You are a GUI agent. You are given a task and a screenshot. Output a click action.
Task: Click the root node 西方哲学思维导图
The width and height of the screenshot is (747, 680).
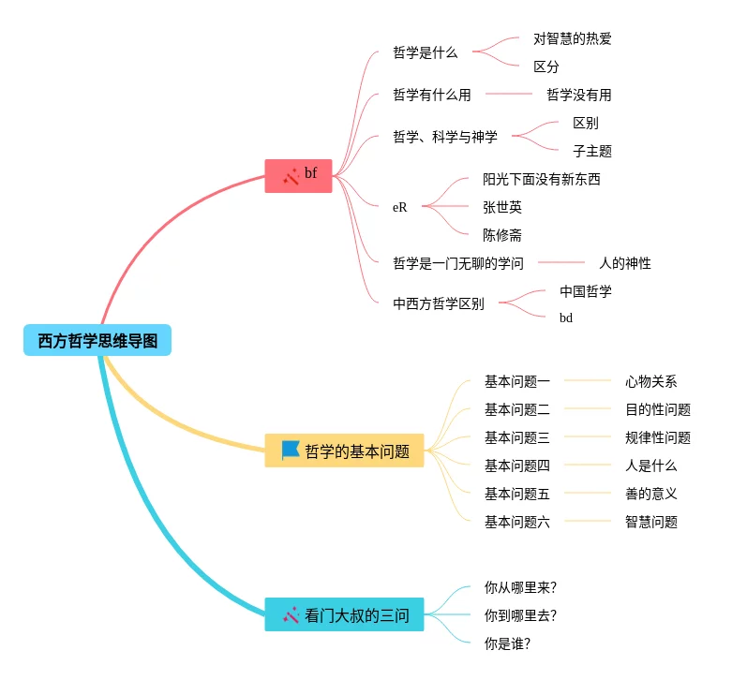coord(97,340)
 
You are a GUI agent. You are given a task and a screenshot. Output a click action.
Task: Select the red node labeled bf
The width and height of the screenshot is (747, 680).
coord(299,175)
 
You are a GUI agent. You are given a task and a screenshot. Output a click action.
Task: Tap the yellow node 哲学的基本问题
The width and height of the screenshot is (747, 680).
coord(345,451)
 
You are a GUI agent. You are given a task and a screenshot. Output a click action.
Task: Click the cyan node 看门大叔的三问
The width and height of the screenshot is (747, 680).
coord(345,615)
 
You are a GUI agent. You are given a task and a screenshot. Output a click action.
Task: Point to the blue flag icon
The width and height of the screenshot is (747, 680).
coord(291,451)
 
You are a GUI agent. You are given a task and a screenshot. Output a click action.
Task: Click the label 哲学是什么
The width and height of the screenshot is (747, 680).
coord(426,52)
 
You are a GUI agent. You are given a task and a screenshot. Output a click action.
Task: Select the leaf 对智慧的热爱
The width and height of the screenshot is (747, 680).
coord(572,38)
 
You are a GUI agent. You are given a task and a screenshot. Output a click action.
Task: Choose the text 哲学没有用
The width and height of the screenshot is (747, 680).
coord(578,95)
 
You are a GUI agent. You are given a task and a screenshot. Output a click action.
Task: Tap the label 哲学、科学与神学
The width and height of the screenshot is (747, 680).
coord(445,137)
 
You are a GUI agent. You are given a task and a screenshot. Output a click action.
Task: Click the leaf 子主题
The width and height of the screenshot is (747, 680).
coord(591,151)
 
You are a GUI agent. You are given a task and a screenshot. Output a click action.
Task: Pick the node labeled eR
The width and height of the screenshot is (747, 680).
coord(400,207)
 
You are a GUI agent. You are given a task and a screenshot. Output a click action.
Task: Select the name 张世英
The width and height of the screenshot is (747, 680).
coord(501,207)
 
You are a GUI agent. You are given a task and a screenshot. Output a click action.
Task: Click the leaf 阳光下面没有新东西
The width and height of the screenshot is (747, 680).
coord(541,179)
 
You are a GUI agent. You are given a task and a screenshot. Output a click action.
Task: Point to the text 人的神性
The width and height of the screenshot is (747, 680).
coord(624,263)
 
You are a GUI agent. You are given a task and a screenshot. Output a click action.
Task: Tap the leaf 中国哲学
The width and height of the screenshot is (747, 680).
coord(585,291)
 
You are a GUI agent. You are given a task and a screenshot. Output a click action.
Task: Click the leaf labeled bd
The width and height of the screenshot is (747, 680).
coord(566,318)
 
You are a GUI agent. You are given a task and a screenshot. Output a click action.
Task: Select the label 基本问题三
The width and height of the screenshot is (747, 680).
coord(516,437)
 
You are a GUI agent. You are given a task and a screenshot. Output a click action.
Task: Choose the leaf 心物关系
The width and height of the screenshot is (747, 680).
coord(650,381)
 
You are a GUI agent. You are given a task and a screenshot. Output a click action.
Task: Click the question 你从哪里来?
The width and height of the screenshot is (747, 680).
coord(520,587)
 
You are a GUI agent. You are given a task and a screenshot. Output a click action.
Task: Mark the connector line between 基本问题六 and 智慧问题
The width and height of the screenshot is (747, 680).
coord(587,521)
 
